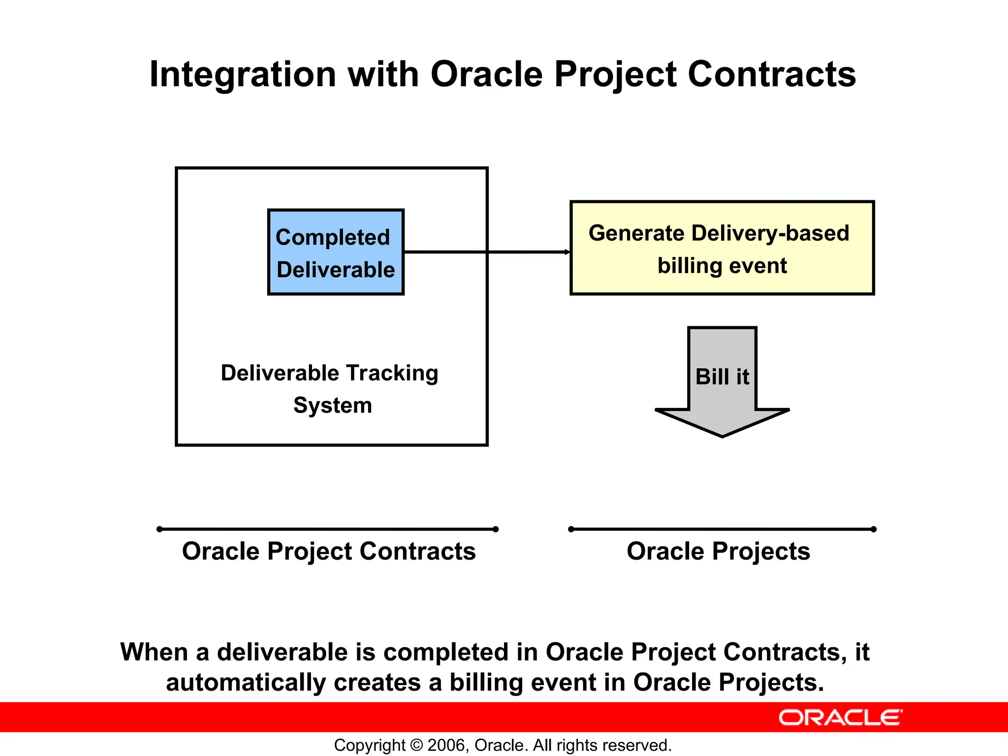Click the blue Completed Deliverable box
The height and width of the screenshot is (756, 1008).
(336, 252)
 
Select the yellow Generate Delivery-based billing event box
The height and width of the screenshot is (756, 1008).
(722, 248)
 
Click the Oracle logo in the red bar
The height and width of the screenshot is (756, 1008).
(840, 718)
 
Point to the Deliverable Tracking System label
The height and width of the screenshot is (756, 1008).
(330, 389)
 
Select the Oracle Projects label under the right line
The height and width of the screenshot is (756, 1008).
(718, 551)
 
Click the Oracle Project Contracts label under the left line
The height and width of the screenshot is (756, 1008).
(329, 551)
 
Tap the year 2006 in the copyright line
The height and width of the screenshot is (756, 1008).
(445, 745)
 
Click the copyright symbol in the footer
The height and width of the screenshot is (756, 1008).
(416, 745)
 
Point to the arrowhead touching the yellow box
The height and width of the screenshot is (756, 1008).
(567, 252)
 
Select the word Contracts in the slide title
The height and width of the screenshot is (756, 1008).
(771, 74)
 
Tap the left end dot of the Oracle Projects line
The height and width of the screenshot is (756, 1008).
(571, 529)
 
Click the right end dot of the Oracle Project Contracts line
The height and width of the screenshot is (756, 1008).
(496, 529)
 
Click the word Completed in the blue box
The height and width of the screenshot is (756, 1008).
(333, 237)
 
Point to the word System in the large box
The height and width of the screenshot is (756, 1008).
(333, 406)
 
